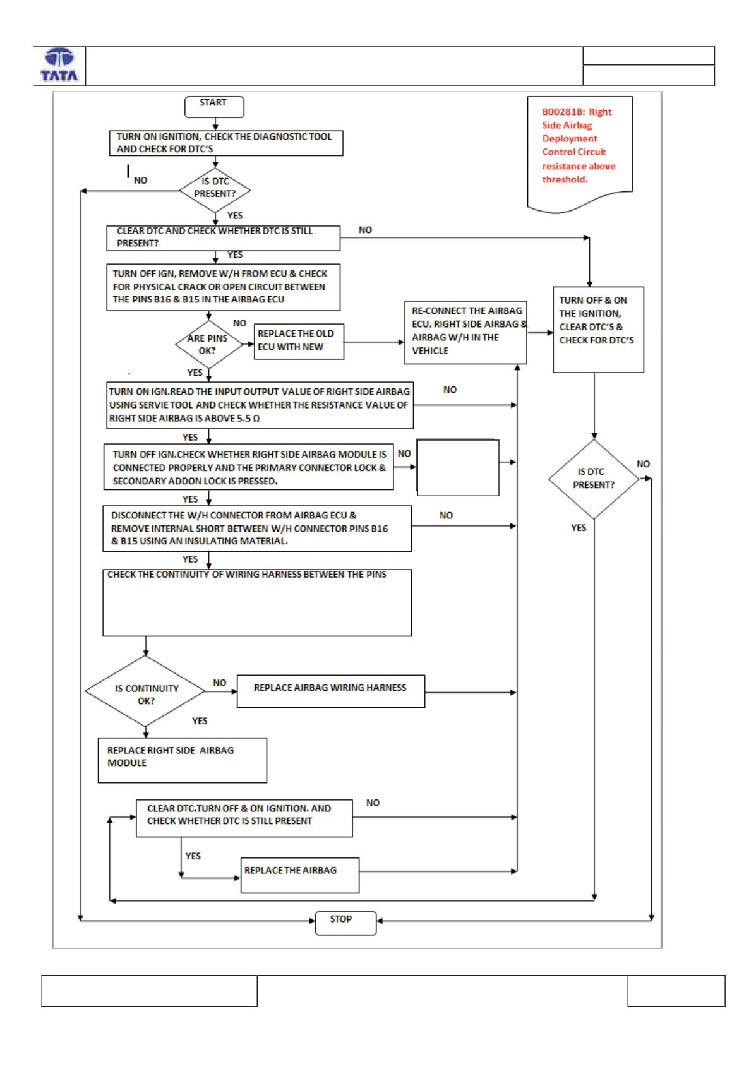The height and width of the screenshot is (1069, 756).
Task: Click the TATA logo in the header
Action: (59, 64)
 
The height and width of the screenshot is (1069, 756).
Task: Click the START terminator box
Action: (214, 107)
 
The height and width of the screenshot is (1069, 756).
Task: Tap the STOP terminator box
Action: (345, 923)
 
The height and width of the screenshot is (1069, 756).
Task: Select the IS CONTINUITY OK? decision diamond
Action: (145, 691)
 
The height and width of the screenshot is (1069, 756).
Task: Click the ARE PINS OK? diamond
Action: (209, 344)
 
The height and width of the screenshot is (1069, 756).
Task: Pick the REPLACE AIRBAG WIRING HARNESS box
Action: (331, 691)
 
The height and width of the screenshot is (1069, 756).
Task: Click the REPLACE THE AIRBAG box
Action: (300, 875)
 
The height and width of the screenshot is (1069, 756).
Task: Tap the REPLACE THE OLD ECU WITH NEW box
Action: (299, 342)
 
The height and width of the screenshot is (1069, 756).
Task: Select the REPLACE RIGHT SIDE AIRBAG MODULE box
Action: (183, 760)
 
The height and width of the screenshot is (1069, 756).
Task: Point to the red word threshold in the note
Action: (564, 179)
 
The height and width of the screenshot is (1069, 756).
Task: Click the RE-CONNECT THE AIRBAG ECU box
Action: (466, 333)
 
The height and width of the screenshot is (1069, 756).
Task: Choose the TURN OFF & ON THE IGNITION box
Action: (599, 330)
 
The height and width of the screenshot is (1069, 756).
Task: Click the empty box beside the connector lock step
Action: (458, 468)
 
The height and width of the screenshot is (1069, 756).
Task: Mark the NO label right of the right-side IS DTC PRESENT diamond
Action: (643, 464)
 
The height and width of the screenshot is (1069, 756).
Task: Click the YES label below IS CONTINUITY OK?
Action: (200, 720)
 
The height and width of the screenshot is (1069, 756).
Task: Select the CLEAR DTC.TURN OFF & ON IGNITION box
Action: (244, 818)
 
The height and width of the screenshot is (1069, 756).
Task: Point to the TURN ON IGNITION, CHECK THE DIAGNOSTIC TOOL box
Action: (226, 143)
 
